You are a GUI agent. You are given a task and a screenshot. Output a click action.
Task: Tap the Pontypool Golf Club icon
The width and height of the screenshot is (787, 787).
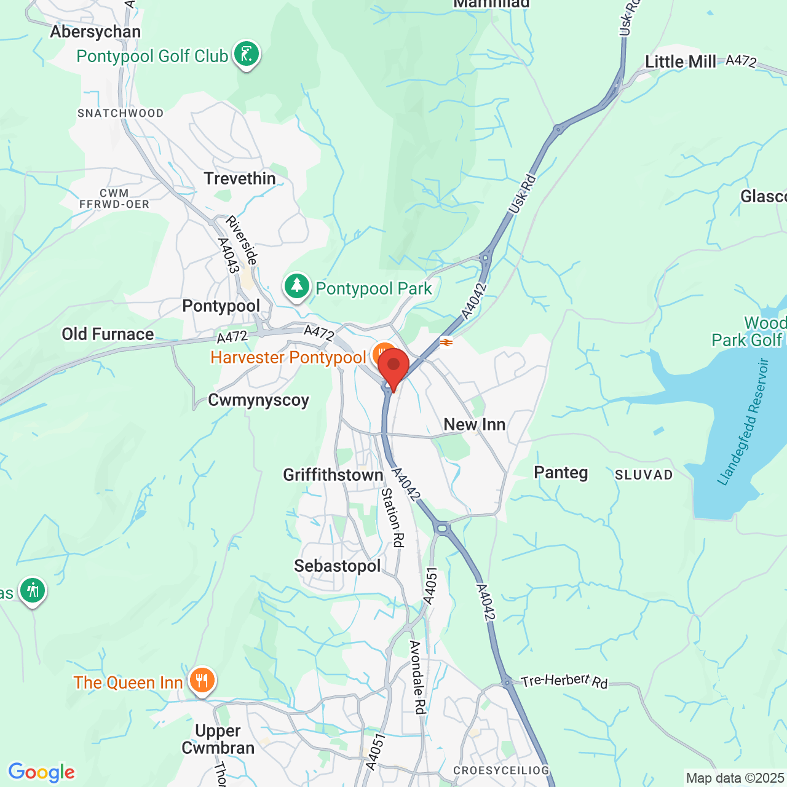click(x=246, y=55)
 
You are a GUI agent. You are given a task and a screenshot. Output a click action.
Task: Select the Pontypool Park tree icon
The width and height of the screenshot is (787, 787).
click(x=297, y=287)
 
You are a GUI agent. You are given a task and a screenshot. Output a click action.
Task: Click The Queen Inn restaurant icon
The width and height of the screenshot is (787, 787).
click(x=202, y=681)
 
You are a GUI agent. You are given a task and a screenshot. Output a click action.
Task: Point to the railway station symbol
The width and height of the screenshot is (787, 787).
click(x=446, y=342)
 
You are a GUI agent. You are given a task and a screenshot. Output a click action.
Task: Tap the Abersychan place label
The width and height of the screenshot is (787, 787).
click(x=95, y=32)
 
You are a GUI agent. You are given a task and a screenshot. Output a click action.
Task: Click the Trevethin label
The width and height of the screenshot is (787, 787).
click(x=240, y=179)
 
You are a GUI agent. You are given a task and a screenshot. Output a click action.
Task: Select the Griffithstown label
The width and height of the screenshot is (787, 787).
click(x=333, y=475)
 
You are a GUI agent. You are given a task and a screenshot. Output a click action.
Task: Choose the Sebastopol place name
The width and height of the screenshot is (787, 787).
click(x=338, y=566)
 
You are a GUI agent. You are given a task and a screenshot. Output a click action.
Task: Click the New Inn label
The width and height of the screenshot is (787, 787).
click(x=475, y=425)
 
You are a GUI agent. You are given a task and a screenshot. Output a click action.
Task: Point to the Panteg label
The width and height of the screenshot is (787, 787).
click(x=561, y=473)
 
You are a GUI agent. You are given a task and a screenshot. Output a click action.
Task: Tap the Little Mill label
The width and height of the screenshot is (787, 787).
click(x=681, y=62)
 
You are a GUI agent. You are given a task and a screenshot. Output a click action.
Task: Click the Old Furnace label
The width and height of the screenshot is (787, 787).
click(x=108, y=334)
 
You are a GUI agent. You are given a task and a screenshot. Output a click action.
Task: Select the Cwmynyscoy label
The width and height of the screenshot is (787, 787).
click(x=259, y=400)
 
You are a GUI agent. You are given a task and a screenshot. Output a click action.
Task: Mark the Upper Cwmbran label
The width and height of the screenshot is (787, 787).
click(x=218, y=739)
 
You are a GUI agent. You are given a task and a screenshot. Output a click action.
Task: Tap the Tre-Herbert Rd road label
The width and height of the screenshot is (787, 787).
click(x=564, y=681)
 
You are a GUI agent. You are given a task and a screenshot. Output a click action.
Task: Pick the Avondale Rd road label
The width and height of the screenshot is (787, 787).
click(x=417, y=677)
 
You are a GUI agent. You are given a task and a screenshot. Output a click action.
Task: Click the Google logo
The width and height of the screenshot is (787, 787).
click(x=42, y=772)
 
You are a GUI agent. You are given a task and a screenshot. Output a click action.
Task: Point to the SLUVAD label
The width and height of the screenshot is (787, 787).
click(x=644, y=475)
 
